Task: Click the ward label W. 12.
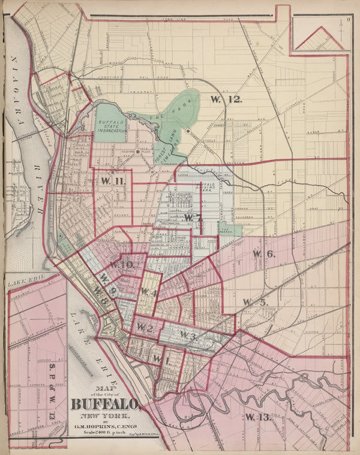coord(226,100)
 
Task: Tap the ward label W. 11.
coord(112,181)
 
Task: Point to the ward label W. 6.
coord(263,254)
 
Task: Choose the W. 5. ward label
coord(254,302)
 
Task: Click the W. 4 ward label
coord(149,292)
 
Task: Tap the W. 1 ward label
coord(157,358)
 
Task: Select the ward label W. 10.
coord(121,264)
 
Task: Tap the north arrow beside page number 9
coord(340,36)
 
